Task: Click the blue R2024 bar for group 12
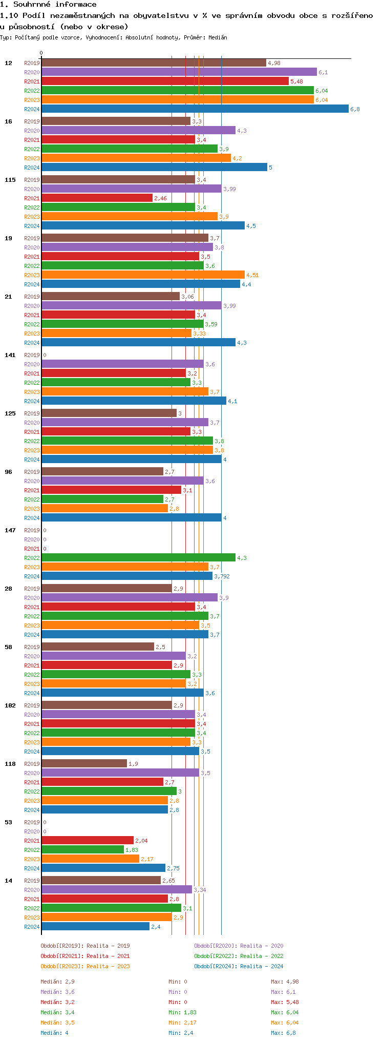click(x=195, y=109)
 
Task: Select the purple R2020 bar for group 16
click(x=138, y=130)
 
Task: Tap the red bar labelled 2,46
click(x=97, y=198)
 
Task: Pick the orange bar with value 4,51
click(x=143, y=275)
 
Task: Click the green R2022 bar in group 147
click(x=138, y=557)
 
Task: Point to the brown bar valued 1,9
click(x=84, y=763)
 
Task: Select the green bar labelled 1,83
click(x=82, y=849)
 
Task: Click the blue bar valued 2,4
click(x=95, y=926)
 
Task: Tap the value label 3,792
click(x=222, y=576)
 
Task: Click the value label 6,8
click(x=355, y=109)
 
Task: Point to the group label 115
click(x=10, y=180)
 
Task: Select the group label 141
click(x=10, y=355)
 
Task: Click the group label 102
click(x=10, y=705)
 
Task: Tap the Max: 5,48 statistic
click(x=285, y=1002)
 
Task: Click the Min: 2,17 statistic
click(x=182, y=1023)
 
